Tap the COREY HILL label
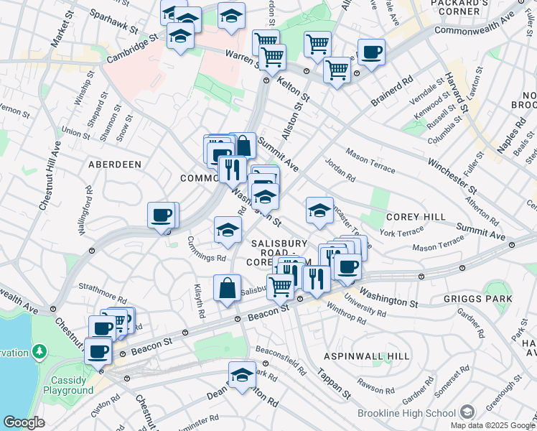[x=416, y=217]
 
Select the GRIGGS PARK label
[x=487, y=299]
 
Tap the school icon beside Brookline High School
[x=467, y=412]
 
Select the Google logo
[x=24, y=422]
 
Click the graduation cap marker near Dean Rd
[x=242, y=375]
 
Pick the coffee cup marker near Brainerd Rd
[x=370, y=52]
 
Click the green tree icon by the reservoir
[x=40, y=353]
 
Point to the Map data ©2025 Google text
[x=492, y=425]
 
